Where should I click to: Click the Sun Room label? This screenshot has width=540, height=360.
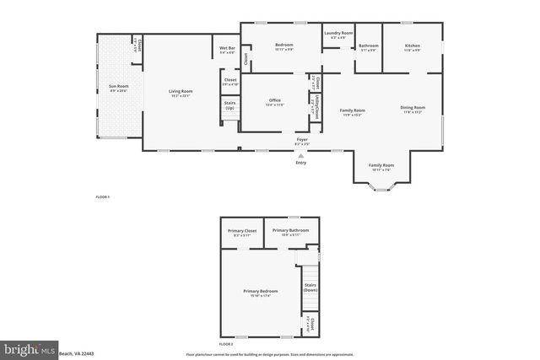tap(117, 86)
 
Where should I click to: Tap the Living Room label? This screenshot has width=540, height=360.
tap(181, 91)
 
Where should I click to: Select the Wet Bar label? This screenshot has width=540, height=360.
tap(228, 48)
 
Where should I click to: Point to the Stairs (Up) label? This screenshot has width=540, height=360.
tap(229, 105)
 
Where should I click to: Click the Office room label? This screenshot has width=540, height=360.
tap(274, 100)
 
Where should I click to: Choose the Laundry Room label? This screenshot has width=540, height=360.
tap(338, 33)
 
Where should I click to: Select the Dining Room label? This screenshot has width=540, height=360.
tap(413, 107)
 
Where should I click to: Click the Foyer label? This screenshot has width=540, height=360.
tap(301, 139)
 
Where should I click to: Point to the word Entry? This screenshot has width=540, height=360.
tap(301, 162)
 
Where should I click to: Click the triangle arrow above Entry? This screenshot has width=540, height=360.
tap(301, 154)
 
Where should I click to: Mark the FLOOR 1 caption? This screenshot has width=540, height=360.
tap(102, 197)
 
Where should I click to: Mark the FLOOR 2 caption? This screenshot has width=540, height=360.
tap(225, 344)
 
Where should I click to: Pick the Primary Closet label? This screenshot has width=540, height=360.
tap(240, 230)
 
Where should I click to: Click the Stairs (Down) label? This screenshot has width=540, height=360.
tap(310, 287)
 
